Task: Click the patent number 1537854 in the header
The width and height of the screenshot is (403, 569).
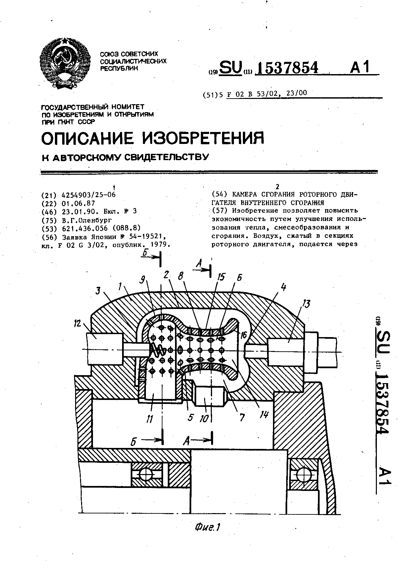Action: click(x=287, y=68)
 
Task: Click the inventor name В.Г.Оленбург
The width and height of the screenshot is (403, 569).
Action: click(x=87, y=220)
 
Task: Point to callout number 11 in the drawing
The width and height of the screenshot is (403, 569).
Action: click(x=150, y=419)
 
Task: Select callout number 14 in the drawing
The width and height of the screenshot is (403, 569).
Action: click(x=263, y=415)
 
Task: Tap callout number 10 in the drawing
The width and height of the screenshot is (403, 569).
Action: click(x=204, y=418)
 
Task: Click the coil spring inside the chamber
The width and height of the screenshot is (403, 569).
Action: click(x=158, y=349)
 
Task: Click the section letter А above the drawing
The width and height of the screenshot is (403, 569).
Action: click(x=199, y=263)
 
